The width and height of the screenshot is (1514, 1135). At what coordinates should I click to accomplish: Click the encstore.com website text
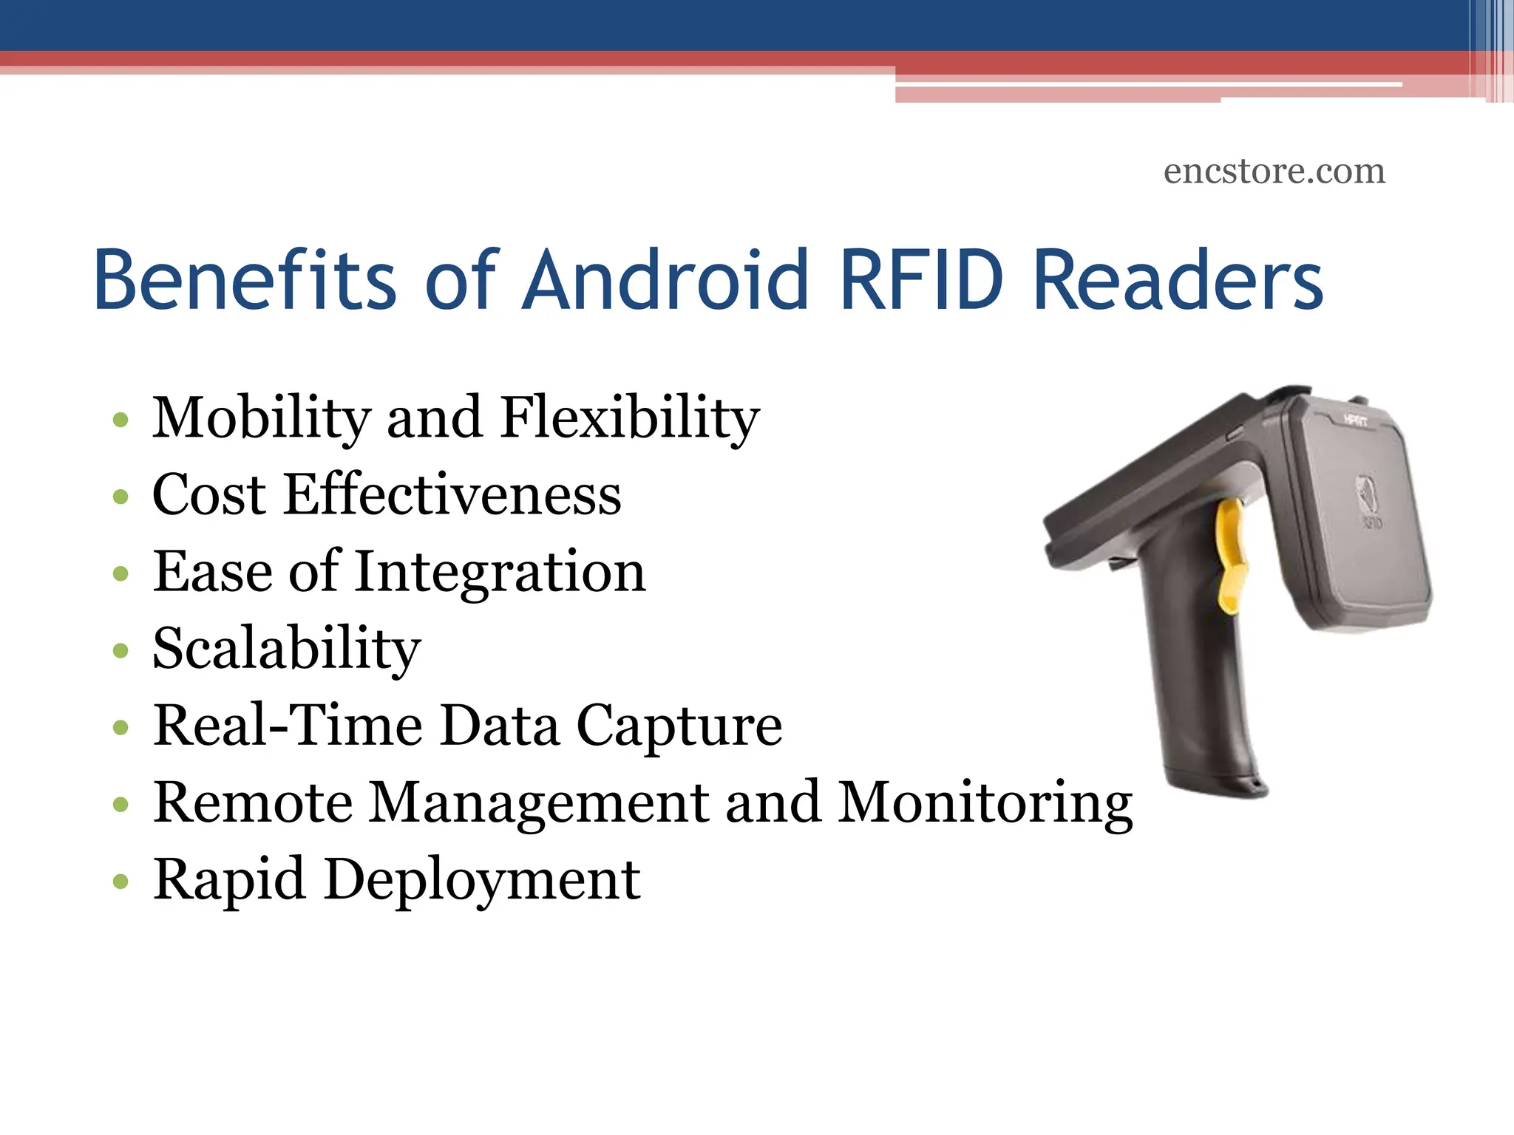tap(1274, 171)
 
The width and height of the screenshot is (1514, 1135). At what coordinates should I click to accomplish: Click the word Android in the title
tap(665, 281)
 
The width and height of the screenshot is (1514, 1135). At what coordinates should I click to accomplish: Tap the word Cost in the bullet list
tap(208, 494)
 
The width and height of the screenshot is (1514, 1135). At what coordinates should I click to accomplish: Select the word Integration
tap(500, 572)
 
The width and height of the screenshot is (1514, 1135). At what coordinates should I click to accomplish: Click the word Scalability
tap(287, 649)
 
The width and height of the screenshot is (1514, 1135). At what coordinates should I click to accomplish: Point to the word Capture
tap(679, 727)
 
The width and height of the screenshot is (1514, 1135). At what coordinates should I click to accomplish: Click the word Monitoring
tap(985, 803)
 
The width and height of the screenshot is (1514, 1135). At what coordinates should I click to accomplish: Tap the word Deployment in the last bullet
tap(482, 880)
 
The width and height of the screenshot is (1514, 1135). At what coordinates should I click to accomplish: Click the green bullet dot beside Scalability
tap(120, 651)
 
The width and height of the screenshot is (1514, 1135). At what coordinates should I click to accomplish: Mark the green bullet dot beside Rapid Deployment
tap(120, 882)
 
